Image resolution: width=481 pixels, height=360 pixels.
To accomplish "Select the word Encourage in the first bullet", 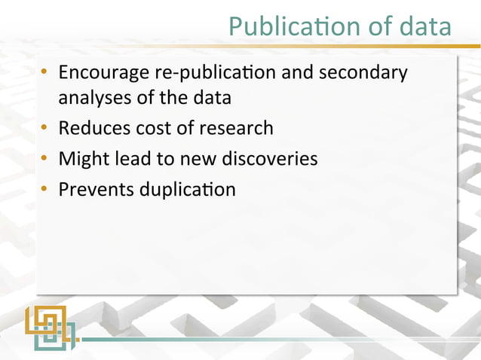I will click(x=103, y=75).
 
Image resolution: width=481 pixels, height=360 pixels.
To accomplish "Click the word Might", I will click(x=81, y=159).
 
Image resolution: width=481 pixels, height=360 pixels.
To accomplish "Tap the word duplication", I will click(x=187, y=190).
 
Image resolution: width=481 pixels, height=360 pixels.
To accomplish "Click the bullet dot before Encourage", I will click(x=46, y=74).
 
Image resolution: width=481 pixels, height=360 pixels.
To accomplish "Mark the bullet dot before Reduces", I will click(x=46, y=128).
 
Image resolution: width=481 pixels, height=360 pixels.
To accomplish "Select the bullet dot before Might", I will click(x=46, y=159).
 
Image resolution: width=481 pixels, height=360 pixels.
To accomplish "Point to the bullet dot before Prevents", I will click(x=46, y=189).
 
